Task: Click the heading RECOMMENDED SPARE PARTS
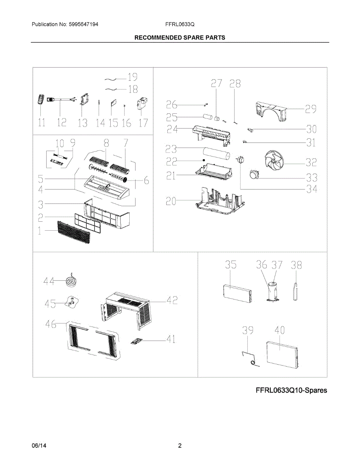(x=180, y=38)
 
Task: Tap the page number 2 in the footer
(x=180, y=446)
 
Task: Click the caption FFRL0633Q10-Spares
(x=291, y=390)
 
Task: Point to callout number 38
(x=296, y=265)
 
